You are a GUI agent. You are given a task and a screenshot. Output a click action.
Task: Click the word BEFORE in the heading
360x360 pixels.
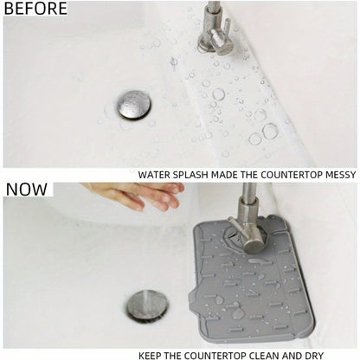35,9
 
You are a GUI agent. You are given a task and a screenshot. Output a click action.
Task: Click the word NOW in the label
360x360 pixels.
27,190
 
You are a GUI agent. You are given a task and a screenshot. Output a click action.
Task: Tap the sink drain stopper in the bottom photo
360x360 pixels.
146,305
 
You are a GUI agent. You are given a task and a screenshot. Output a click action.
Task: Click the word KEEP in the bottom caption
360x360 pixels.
152,354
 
